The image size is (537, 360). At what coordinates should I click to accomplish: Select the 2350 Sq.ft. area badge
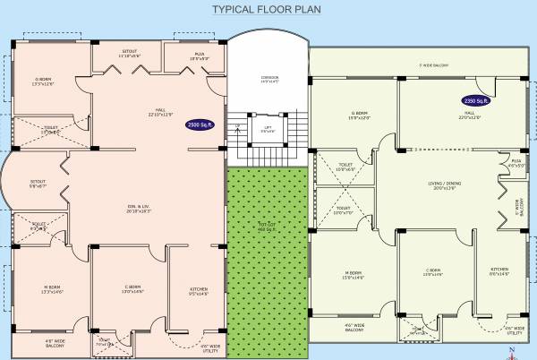click(x=475, y=102)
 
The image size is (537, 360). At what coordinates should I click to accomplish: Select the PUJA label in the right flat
click(x=516, y=162)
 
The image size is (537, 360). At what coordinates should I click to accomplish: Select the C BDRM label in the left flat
click(x=132, y=288)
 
